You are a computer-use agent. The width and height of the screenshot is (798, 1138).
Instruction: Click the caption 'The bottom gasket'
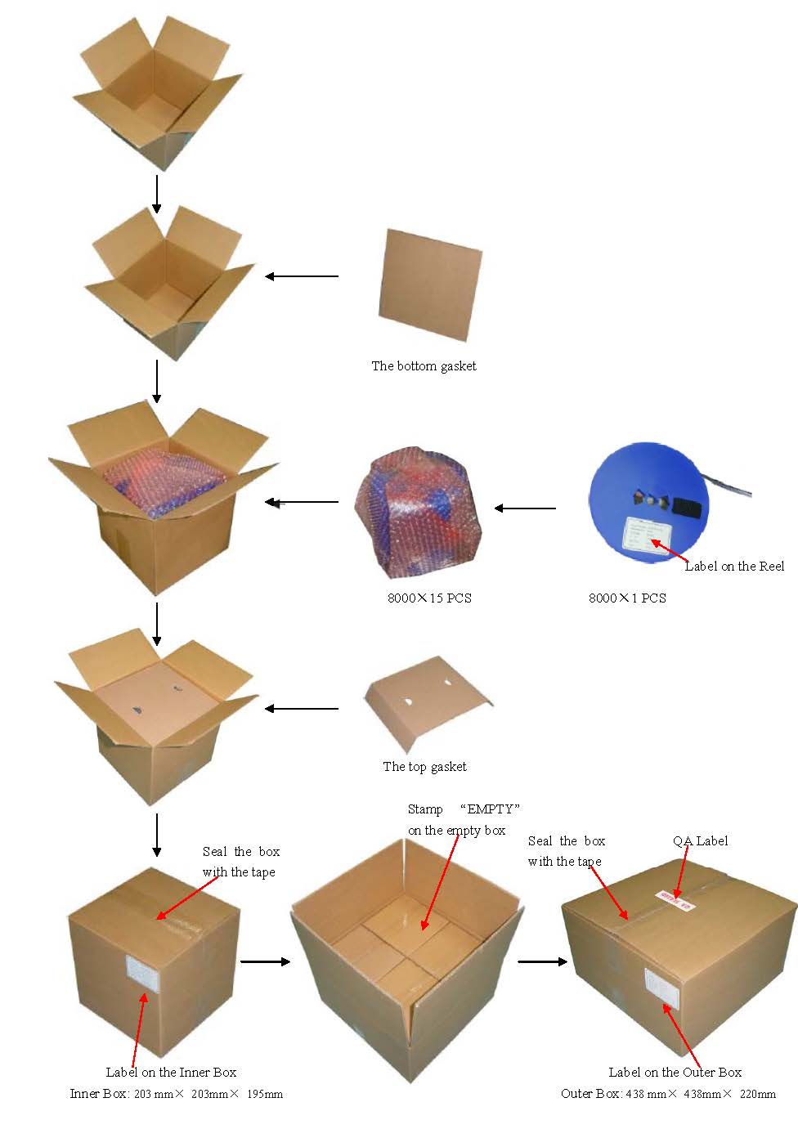click(x=424, y=366)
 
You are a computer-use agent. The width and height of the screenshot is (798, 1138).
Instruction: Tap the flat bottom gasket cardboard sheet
click(x=430, y=284)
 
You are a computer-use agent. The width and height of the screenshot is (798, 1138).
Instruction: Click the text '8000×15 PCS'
click(x=429, y=598)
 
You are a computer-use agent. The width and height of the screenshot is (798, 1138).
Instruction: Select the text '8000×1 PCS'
click(x=627, y=598)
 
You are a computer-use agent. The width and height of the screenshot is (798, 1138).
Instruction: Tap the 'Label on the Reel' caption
click(x=734, y=567)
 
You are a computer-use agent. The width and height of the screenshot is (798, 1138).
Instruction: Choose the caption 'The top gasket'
click(x=424, y=767)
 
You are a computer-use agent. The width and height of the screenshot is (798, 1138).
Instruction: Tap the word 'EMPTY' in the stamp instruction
click(x=491, y=809)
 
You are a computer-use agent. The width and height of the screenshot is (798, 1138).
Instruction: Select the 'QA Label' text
click(x=700, y=841)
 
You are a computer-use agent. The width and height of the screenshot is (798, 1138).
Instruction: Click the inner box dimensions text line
click(x=176, y=1094)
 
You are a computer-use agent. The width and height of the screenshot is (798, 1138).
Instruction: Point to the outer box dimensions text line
click(x=668, y=1094)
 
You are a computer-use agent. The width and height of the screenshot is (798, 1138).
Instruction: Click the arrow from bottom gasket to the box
click(x=302, y=276)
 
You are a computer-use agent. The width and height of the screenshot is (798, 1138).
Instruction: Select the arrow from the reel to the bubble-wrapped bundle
click(x=526, y=509)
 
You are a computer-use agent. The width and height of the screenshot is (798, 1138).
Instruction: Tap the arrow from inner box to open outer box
click(x=266, y=961)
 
